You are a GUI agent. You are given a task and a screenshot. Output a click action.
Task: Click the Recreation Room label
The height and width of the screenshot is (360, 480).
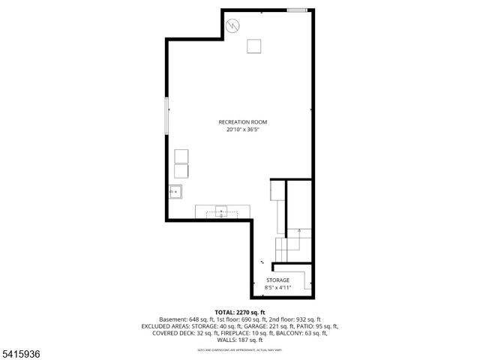(242, 121)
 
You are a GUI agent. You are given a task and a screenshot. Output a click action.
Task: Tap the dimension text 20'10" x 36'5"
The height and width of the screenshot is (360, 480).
(242, 129)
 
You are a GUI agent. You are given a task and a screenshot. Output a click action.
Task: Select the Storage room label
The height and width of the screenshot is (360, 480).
(277, 280)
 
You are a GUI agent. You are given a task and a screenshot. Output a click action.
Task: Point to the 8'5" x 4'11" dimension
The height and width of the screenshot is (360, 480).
(277, 287)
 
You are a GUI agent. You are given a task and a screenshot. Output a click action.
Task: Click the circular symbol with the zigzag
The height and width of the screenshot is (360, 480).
(233, 25)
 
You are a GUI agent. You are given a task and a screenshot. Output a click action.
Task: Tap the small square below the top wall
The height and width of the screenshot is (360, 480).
(254, 46)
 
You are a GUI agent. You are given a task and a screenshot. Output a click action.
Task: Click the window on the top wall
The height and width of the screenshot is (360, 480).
(297, 9)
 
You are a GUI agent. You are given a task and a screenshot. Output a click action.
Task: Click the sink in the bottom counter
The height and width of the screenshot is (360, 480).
(221, 211)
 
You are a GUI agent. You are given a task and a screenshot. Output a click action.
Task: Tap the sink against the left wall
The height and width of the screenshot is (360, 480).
(175, 192)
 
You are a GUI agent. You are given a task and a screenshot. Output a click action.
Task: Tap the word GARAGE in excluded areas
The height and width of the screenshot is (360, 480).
(254, 326)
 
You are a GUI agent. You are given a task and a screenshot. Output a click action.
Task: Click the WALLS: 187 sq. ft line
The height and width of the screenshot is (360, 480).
(240, 340)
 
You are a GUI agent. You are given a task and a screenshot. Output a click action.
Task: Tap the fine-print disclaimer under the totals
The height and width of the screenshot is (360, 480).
(240, 349)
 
